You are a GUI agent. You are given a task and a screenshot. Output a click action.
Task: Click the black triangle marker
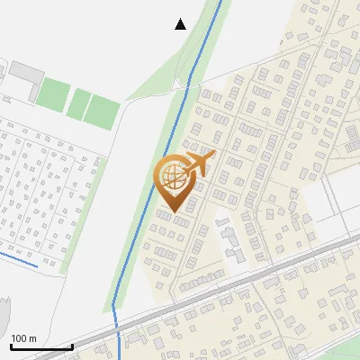181,23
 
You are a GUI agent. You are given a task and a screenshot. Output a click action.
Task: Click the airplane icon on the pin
199,165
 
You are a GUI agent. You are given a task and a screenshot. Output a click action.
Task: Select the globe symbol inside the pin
171,175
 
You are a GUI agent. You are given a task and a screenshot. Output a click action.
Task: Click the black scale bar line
41,347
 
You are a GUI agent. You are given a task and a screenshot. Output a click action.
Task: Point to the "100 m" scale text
24,338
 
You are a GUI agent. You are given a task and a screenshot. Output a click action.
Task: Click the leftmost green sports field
53,94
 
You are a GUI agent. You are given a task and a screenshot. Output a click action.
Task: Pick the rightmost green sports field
103,111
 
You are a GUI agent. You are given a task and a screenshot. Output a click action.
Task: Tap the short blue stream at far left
18,259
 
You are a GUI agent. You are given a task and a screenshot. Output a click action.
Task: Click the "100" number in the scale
20,338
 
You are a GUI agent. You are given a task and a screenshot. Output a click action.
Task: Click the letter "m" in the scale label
32,338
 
